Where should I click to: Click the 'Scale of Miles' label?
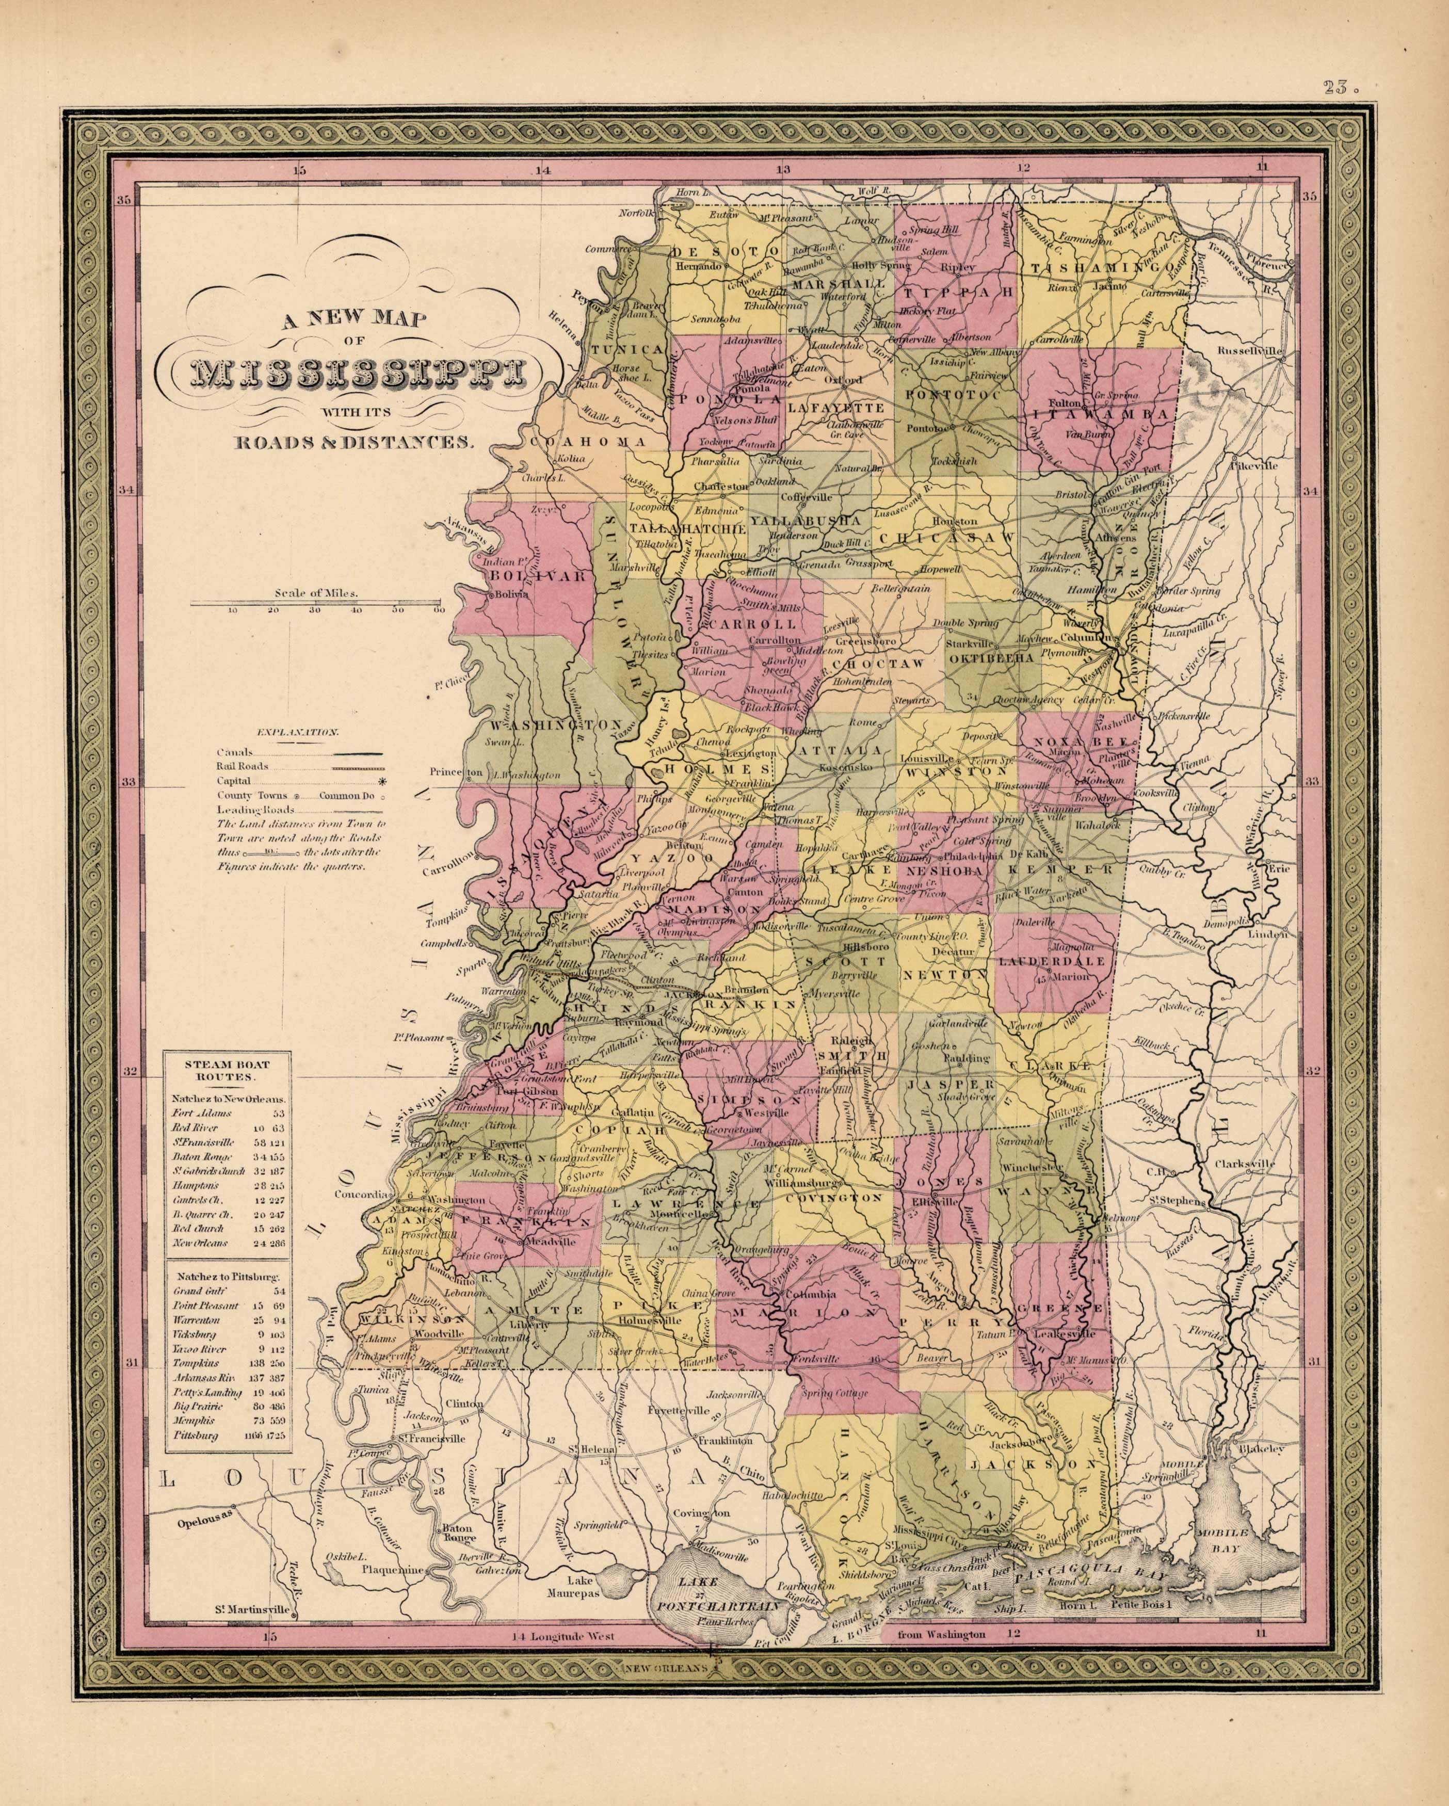(316, 593)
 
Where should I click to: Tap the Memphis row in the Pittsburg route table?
(195, 1420)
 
